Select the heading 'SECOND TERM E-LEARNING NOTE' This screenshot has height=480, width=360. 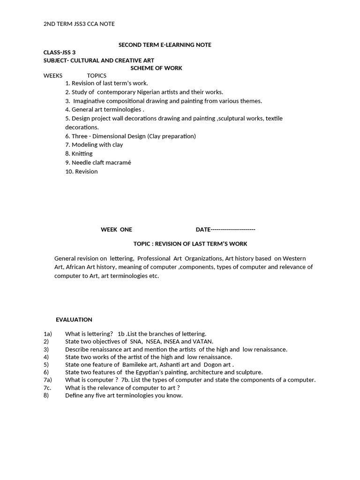[x=165, y=45]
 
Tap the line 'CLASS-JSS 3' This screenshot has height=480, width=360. [x=60, y=52]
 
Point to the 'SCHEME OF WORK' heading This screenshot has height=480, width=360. [x=156, y=68]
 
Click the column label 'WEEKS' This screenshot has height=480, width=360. [x=53, y=75]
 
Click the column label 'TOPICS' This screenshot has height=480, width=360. [x=97, y=75]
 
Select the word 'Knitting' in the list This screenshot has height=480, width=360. [x=82, y=154]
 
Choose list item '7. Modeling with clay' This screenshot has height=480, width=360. [x=94, y=145]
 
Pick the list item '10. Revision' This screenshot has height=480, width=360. [x=82, y=172]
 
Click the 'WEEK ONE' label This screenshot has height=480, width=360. [x=116, y=230]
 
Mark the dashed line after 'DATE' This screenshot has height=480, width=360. [x=233, y=230]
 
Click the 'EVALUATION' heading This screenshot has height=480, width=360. [x=74, y=320]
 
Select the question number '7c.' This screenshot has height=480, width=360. [x=47, y=388]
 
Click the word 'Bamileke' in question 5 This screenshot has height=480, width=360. [x=135, y=365]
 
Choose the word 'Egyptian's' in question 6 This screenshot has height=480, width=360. [x=147, y=372]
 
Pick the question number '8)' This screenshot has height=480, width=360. [x=46, y=396]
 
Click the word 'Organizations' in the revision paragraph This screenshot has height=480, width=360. [x=203, y=258]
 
